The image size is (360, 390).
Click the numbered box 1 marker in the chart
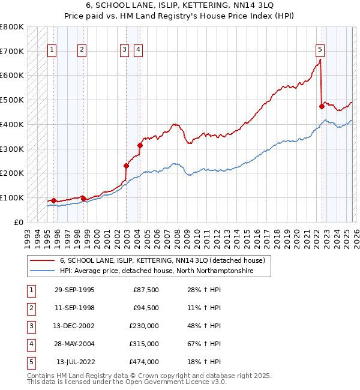coord(52,50)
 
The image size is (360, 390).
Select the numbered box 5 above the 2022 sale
coord(320,50)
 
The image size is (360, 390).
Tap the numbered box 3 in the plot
coord(124,50)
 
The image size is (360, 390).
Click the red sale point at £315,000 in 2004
coord(140,145)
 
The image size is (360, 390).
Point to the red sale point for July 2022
coord(322,107)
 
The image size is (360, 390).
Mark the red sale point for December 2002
coord(126,166)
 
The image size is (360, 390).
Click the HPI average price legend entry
coord(156,271)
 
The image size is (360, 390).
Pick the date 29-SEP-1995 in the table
coord(74,290)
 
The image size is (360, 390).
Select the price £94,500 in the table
coord(144,308)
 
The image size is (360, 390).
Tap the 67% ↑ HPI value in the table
coord(204,344)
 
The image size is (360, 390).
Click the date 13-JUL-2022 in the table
coord(75,362)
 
